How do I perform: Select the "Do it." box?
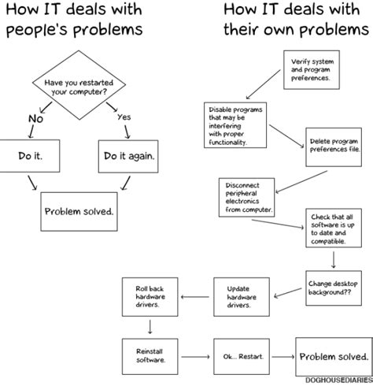point(31,156)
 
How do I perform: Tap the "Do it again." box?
point(130,156)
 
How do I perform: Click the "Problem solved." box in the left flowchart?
point(78,211)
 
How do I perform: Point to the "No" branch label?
point(35,119)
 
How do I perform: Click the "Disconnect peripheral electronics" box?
point(246,197)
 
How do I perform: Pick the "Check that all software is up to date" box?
point(334,228)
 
